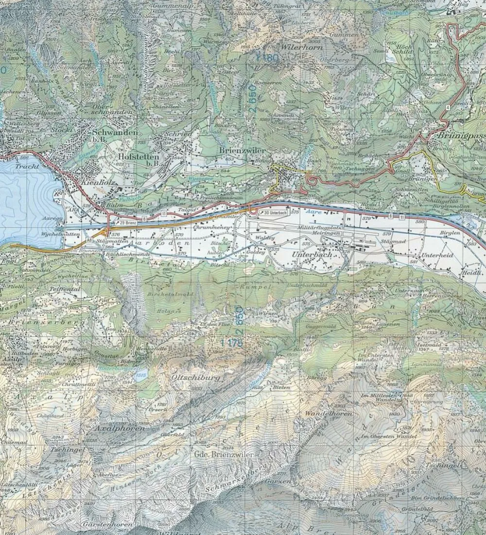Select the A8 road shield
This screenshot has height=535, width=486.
tap(90, 239)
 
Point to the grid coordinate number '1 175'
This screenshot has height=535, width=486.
tap(231, 343)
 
